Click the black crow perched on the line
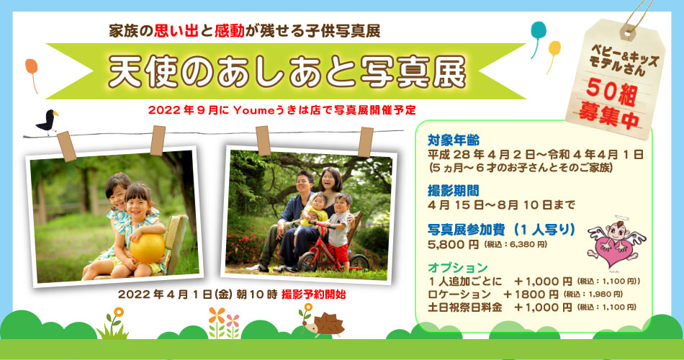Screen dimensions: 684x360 pos(47,121)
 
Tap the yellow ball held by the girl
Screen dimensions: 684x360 pos(148,248)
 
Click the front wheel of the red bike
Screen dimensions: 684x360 pos(308,262)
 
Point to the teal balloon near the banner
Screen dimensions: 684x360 pos(539,31)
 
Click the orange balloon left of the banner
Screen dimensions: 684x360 pos(32,68)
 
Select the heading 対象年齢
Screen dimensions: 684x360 pos(453,140)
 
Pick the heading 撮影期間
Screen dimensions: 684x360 pos(453,190)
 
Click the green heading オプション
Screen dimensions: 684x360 pos(458,267)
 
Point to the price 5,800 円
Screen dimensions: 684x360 pos(453,245)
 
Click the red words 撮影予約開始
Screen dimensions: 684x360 pos(314,294)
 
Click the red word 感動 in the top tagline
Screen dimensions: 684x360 pos(230,32)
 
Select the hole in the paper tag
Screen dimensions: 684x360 pos(628,32)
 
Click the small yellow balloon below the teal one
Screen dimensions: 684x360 pos(554,48)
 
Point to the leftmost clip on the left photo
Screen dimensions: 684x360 pos(66,145)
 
